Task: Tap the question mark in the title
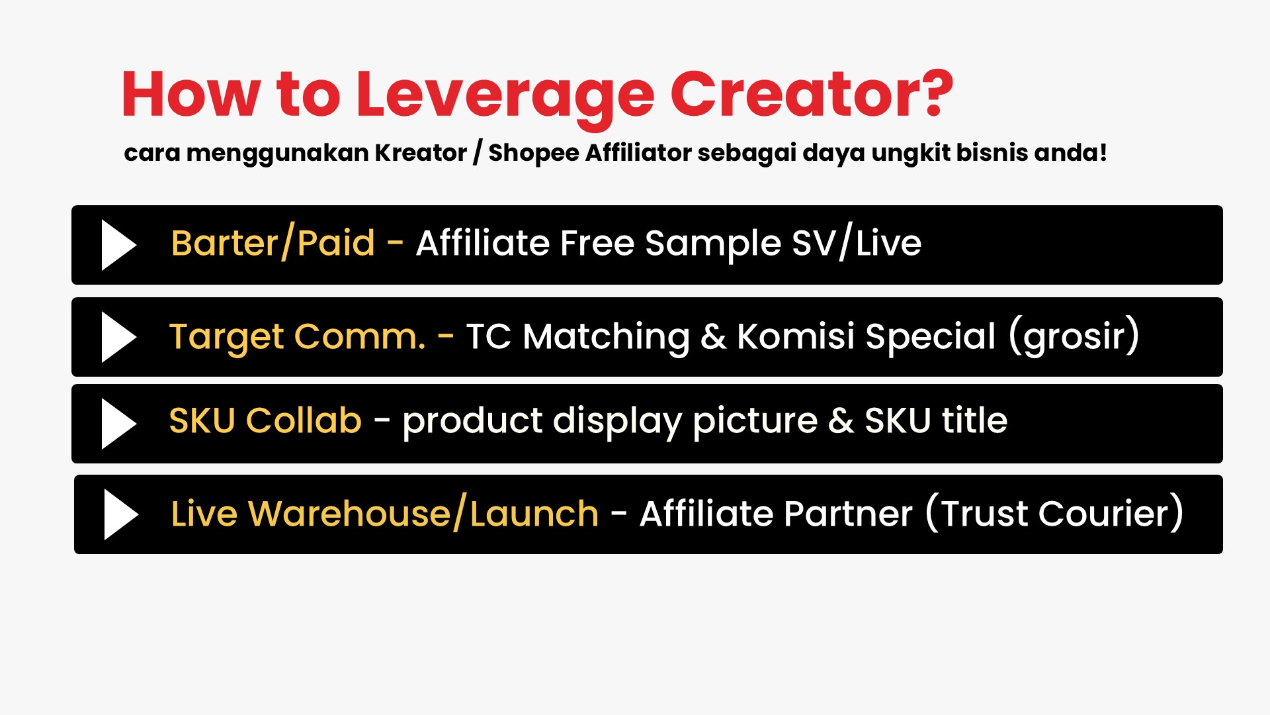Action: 934,93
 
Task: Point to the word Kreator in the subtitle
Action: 421,152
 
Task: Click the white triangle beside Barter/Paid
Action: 119,245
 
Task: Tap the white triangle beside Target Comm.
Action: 119,337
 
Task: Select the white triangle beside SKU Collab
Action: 119,424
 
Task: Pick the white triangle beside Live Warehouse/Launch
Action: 122,514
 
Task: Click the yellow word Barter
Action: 224,243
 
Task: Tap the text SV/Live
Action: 857,243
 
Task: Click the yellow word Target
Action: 226,338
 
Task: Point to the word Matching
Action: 606,338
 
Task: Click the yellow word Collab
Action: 304,420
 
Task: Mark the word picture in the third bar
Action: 755,422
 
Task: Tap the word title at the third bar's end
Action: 974,420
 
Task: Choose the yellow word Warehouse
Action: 349,514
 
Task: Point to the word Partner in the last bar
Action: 849,514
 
